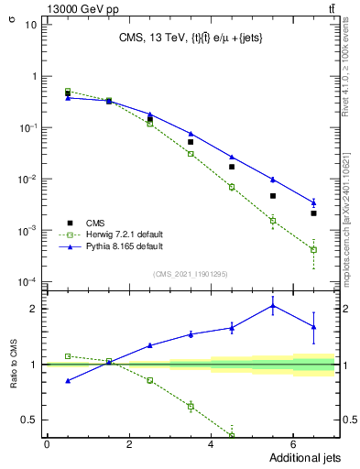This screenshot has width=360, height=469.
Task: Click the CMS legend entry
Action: point(95,223)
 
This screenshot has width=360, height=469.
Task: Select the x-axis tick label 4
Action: point(211,444)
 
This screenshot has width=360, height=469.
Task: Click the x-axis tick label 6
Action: point(292,444)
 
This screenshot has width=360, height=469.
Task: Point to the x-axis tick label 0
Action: point(47,444)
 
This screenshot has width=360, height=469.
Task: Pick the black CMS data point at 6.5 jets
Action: point(313,213)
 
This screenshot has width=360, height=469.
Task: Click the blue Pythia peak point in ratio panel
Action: point(272,306)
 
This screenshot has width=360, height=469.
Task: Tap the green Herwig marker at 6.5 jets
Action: point(313,249)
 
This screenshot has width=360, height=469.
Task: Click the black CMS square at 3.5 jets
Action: point(191,142)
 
